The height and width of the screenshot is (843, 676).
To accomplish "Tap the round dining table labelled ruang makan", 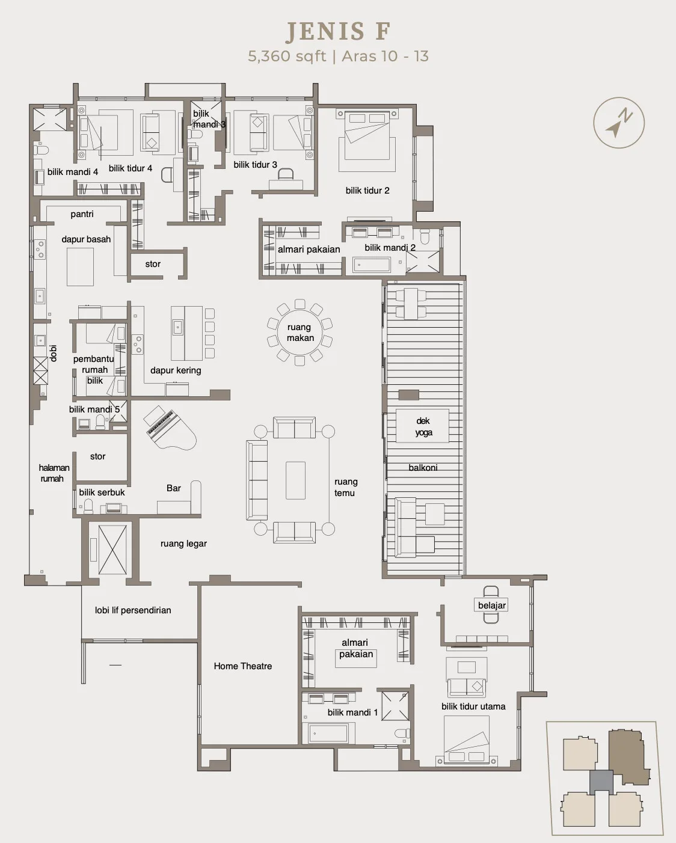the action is (x=300, y=332).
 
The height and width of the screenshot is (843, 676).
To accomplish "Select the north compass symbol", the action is (x=619, y=123).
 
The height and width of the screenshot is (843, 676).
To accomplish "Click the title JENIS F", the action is (x=338, y=31).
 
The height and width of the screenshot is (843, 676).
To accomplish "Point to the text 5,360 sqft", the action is (x=287, y=57).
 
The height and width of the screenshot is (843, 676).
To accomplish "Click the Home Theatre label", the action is (x=242, y=666).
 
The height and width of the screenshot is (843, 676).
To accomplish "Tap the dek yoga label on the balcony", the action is (x=423, y=426).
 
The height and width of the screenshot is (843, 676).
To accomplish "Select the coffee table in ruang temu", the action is (x=295, y=480).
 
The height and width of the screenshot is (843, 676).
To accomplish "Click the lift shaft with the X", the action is (x=112, y=550).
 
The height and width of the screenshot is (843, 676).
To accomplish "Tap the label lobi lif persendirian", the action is (x=133, y=610).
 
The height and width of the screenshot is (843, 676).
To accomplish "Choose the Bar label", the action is (x=174, y=488).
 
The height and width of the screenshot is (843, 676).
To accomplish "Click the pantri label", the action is (x=82, y=214).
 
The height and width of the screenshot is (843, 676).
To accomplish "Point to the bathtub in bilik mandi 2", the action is (x=372, y=265).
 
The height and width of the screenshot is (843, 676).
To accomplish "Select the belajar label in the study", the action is (x=492, y=605).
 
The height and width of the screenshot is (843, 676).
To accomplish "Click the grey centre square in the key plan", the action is (x=601, y=782).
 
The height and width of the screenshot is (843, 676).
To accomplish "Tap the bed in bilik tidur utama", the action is (x=467, y=740).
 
